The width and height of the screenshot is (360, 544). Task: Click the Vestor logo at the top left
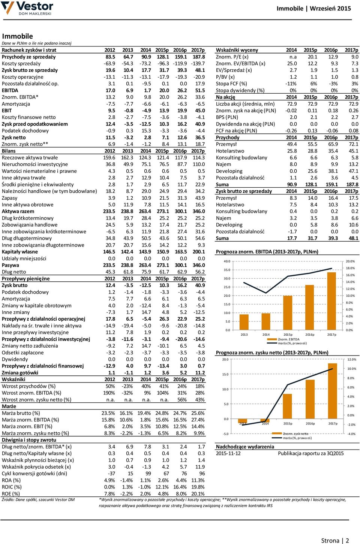(27, 8)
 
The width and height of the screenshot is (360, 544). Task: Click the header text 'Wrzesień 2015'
(330, 9)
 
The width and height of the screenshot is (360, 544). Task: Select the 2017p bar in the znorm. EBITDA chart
(331, 301)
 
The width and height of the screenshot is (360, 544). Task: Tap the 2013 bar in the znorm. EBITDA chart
(244, 322)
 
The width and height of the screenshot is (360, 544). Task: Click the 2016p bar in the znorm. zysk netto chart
(310, 399)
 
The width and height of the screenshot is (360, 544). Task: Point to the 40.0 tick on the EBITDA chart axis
(227, 261)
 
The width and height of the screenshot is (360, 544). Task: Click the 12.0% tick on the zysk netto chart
(351, 359)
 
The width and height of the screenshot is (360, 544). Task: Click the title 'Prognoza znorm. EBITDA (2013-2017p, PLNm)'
(267, 252)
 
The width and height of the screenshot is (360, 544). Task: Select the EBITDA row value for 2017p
(200, 90)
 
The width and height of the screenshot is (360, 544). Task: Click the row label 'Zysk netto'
(13, 137)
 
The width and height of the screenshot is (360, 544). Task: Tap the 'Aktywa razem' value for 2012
(109, 211)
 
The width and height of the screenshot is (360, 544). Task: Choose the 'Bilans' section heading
(9, 151)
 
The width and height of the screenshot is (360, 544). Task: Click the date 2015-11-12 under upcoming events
(228, 453)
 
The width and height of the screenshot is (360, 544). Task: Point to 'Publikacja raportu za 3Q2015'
(311, 453)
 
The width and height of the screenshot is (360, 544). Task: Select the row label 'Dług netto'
(14, 272)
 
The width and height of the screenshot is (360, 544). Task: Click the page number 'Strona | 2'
(335, 540)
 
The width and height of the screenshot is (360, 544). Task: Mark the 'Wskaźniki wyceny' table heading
(237, 50)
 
